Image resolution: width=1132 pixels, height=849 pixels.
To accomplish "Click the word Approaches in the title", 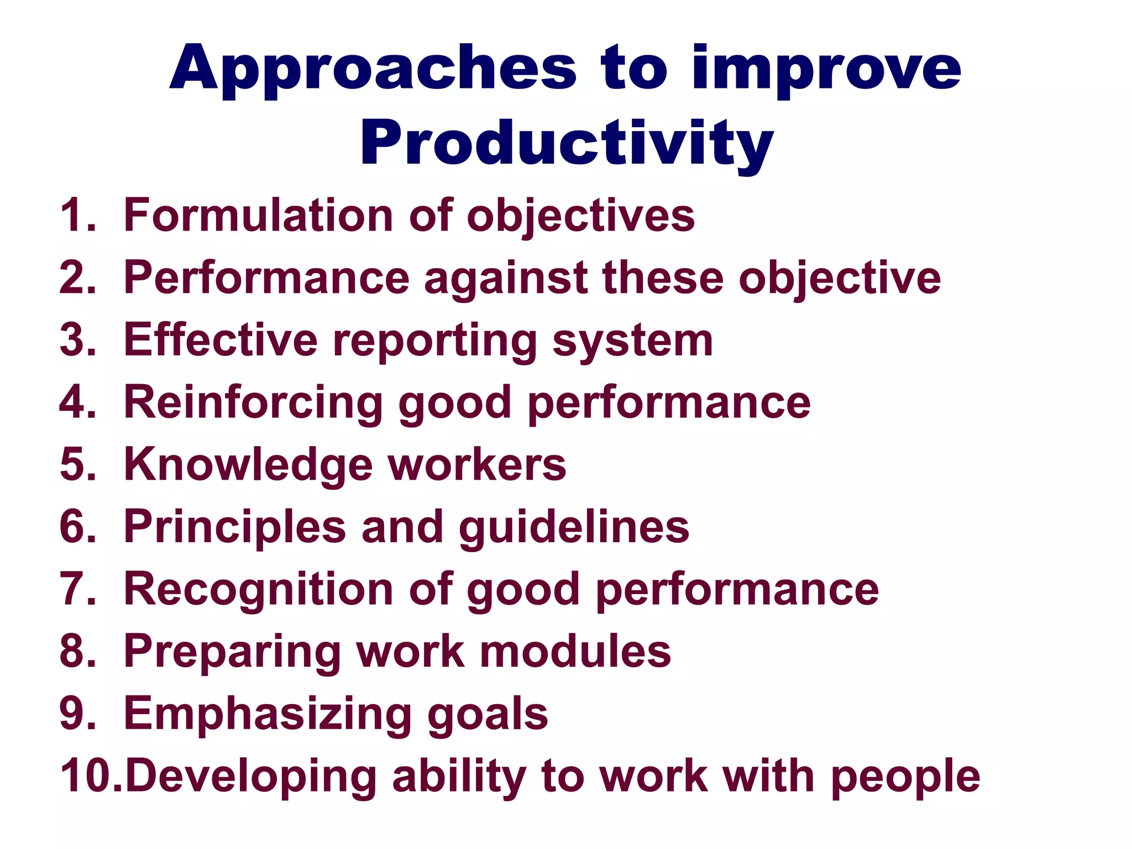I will pyautogui.click(x=373, y=69).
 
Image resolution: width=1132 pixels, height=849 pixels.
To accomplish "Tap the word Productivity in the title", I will pyautogui.click(x=567, y=144).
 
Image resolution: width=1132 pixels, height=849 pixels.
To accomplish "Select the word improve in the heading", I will pyautogui.click(x=826, y=69).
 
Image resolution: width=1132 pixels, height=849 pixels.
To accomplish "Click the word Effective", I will pyautogui.click(x=221, y=340).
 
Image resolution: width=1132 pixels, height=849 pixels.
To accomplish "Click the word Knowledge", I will pyautogui.click(x=248, y=465).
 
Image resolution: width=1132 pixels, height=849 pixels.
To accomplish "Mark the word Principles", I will pyautogui.click(x=235, y=527).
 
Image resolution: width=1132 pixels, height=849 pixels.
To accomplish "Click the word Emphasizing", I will pyautogui.click(x=268, y=714).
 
